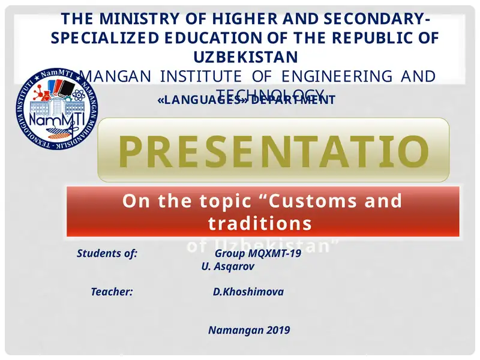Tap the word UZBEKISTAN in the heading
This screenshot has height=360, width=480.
(x=245, y=56)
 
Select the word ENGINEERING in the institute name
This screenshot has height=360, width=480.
(x=343, y=76)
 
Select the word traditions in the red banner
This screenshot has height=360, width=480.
(x=260, y=223)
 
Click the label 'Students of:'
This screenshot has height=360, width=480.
(x=107, y=253)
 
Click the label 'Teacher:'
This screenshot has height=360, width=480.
(x=112, y=292)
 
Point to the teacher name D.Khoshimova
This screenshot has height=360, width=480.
(x=248, y=292)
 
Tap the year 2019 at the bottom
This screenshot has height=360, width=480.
(x=278, y=330)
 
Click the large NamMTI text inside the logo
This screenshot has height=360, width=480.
(x=49, y=119)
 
